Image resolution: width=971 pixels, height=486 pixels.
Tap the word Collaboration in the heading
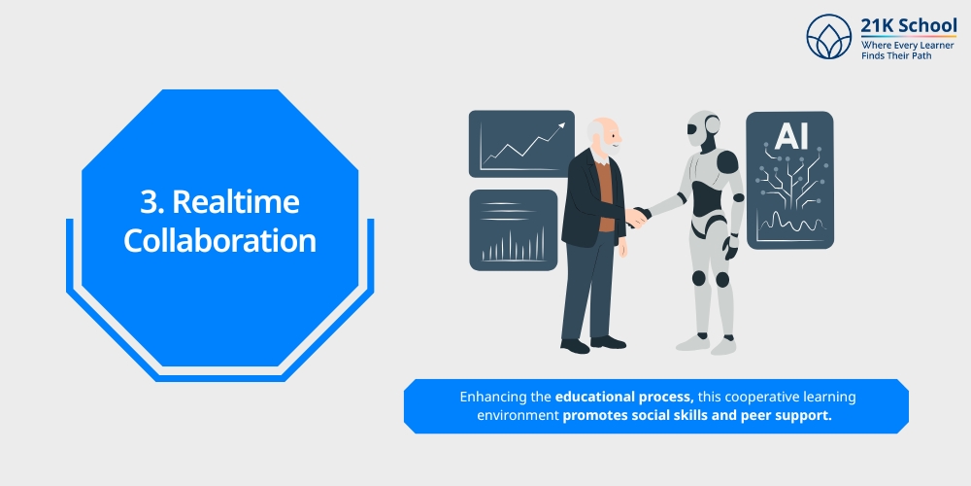tap(219, 240)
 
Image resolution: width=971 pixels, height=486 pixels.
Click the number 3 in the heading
tap(149, 202)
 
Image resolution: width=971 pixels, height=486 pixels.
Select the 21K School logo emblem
tap(828, 37)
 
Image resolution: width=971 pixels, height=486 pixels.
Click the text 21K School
tap(908, 26)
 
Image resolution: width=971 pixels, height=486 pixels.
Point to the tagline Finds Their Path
tap(900, 57)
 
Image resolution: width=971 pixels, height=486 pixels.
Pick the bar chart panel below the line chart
tap(513, 230)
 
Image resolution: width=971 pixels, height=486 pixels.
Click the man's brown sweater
tap(605, 194)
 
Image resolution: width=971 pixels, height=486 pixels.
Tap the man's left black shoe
tap(575, 345)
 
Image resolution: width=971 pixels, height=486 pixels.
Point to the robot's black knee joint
tap(721, 279)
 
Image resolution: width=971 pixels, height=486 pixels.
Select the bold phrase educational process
tap(623, 398)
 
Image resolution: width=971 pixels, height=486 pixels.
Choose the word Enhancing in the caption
tap(505, 398)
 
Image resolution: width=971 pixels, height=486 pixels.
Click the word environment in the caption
tap(518, 416)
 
